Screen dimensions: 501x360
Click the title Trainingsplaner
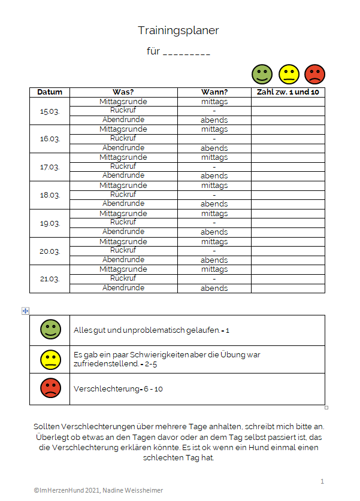coord(178,30)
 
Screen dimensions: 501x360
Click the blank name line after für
coord(186,52)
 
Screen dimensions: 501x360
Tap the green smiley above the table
coord(262,74)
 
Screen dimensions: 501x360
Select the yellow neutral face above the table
coord(289,74)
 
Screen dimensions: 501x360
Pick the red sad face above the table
coord(314,74)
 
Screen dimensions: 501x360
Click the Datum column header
coord(50,92)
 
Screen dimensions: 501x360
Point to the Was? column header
coord(123,92)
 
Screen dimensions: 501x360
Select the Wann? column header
coord(214,92)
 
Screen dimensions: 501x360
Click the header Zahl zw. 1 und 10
coord(288,92)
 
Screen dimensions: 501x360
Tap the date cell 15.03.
coord(50,111)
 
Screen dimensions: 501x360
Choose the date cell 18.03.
coord(50,195)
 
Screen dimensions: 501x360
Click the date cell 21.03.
coord(50,279)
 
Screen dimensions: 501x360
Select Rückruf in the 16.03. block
coord(123,139)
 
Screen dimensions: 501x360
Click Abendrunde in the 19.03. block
coord(123,232)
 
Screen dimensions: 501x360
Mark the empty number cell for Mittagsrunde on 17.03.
coord(288,157)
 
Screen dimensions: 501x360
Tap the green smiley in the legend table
coord(50,329)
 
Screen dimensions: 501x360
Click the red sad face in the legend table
coord(50,388)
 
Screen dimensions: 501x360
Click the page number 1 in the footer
coord(322,481)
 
